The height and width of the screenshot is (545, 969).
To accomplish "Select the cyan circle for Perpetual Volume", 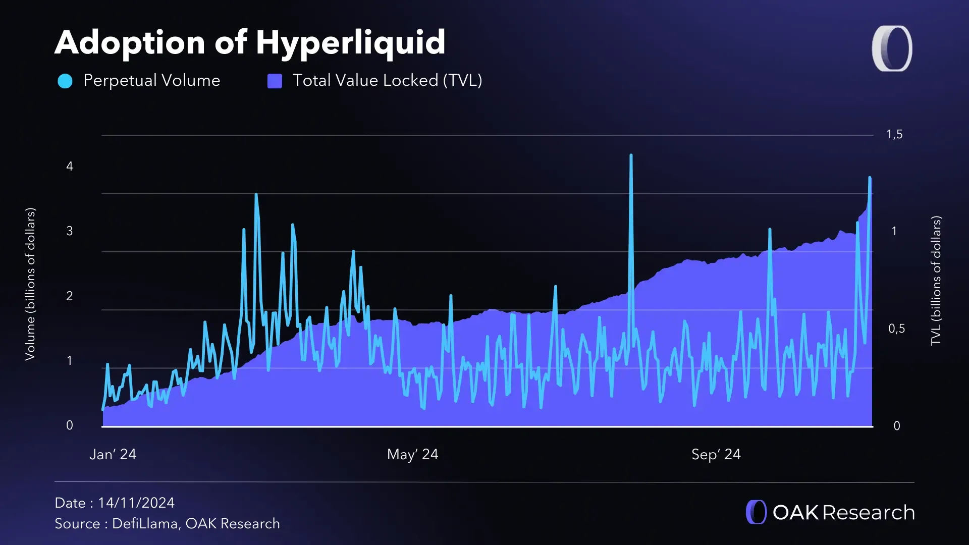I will (65, 81).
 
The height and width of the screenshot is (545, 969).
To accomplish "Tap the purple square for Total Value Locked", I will (275, 81).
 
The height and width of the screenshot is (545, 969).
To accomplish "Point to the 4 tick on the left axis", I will (70, 167).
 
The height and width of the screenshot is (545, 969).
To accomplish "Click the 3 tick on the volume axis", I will (70, 231).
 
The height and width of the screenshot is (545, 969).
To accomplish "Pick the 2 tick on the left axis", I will (70, 296).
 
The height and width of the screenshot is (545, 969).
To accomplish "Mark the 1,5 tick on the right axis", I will (894, 134).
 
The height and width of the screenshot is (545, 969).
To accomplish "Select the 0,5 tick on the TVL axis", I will (896, 329).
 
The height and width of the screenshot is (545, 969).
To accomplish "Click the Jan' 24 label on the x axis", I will (113, 454).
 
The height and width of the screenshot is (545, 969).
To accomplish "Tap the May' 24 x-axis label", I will (412, 454).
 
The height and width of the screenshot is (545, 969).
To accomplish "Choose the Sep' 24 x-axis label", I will (716, 454).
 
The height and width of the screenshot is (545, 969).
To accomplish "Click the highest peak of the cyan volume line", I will (631, 156).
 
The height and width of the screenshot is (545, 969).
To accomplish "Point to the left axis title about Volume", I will (30, 284).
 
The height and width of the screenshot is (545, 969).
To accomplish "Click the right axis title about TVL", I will (936, 281).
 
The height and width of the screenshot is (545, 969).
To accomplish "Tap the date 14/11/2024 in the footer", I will (136, 503).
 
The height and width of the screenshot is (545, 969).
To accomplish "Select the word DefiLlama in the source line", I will (145, 523).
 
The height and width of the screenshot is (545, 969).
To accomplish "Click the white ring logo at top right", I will (892, 48).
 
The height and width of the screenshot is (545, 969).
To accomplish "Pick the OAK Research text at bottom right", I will (843, 512).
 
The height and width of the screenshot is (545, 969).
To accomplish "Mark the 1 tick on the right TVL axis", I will (894, 231).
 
